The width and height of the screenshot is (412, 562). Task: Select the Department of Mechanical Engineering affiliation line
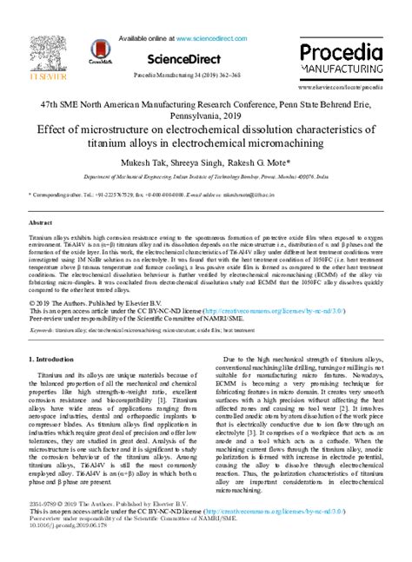click(206, 176)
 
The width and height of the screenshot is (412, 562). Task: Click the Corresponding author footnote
click(58, 196)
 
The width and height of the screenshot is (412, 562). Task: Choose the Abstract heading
click(43, 223)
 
